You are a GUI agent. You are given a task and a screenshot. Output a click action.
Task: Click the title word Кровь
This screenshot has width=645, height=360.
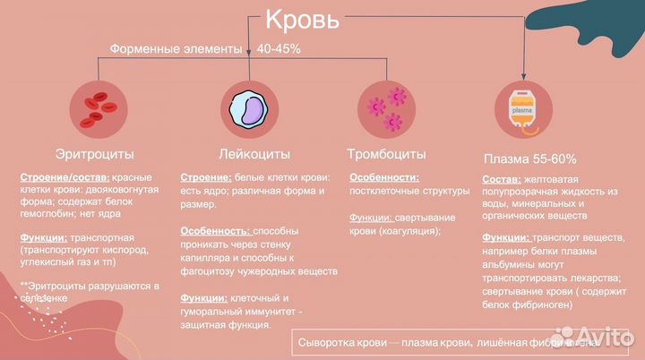tap(302, 20)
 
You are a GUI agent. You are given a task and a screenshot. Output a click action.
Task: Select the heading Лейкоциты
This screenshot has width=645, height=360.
tap(245, 154)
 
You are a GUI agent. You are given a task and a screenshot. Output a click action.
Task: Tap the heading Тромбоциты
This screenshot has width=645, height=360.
tap(386, 154)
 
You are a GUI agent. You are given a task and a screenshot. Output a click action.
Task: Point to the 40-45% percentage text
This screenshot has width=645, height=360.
tap(279, 48)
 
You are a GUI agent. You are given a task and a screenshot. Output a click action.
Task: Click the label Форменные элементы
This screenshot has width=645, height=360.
tap(176, 48)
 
